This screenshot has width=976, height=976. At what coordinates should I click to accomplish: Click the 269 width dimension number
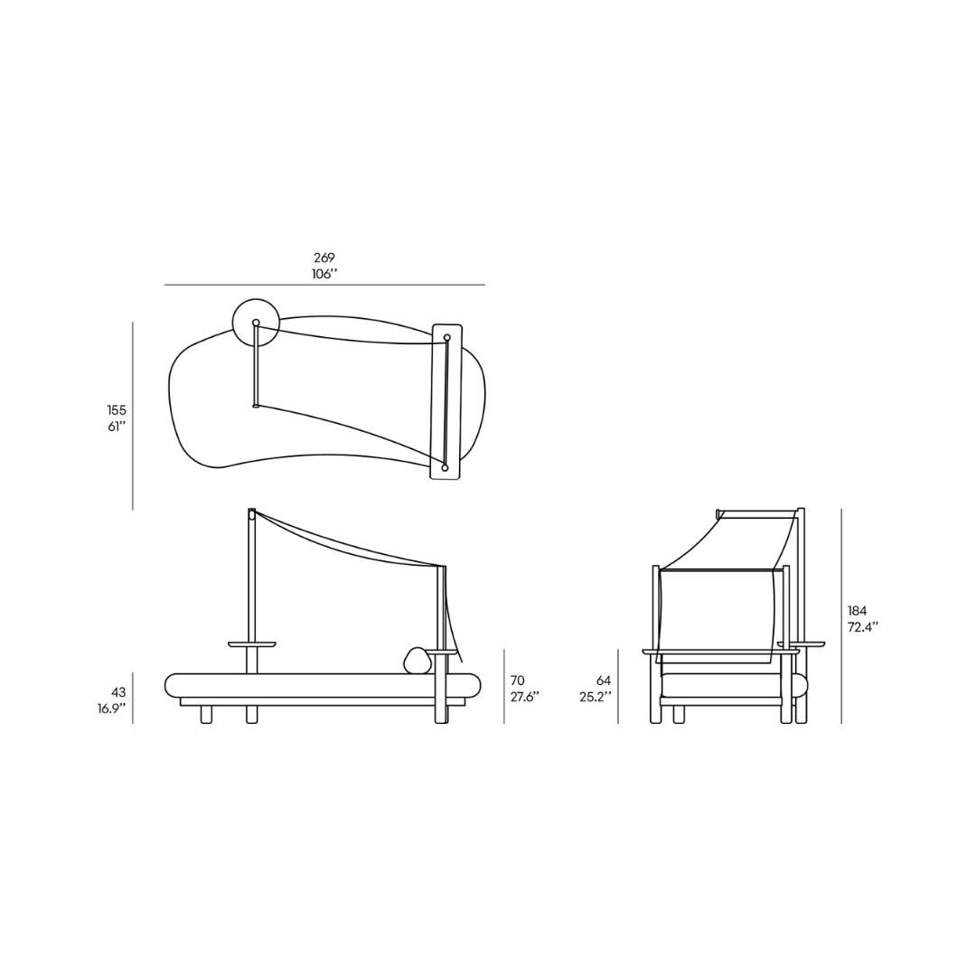point(324,257)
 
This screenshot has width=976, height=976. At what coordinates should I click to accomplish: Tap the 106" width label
point(324,274)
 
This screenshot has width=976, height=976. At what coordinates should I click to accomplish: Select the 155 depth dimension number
point(117,410)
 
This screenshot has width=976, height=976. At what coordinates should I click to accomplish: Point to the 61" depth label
point(117,427)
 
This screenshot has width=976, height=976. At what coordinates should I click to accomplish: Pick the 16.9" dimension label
point(111,709)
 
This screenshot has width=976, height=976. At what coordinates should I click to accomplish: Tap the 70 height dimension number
point(517,680)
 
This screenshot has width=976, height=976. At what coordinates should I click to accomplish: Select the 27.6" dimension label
point(525,697)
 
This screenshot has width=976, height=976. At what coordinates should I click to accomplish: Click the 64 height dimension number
point(603,680)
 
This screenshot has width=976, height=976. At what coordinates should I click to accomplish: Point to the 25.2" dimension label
point(595,697)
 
